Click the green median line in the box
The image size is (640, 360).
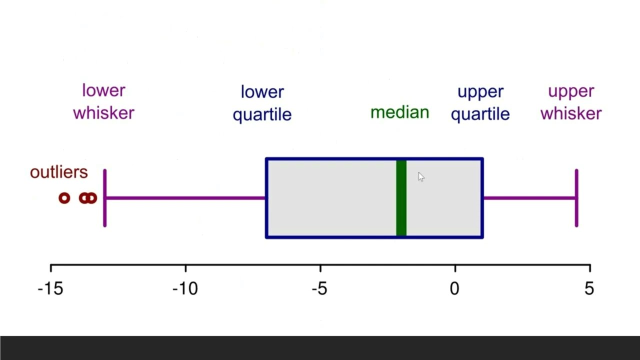tap(401, 198)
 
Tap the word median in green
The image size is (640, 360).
tap(399, 112)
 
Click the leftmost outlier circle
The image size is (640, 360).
tap(64, 198)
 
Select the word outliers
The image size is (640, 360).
tap(58, 172)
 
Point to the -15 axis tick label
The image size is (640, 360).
tap(50, 288)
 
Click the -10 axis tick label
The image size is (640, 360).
tap(185, 288)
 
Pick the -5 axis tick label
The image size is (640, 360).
tap(319, 288)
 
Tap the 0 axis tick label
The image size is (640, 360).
tap(454, 288)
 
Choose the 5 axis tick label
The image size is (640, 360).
tap(589, 288)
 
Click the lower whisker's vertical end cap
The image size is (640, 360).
tap(104, 198)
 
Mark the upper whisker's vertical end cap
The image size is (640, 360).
tap(576, 198)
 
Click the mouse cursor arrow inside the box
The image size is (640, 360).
tap(420, 176)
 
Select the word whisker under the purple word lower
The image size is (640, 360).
tap(103, 113)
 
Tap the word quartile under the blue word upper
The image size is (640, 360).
tap(480, 114)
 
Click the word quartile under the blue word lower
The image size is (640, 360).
tap(262, 114)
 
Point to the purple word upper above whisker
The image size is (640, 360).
tap(570, 91)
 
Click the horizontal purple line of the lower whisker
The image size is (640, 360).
tap(185, 198)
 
